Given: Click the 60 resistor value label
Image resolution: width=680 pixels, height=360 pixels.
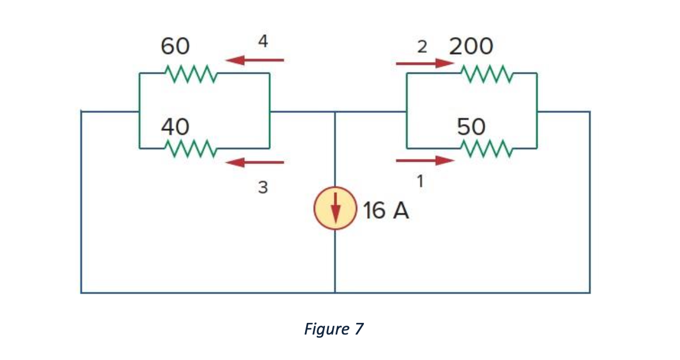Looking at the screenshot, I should (175, 47).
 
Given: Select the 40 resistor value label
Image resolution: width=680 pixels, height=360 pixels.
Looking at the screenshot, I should (175, 127).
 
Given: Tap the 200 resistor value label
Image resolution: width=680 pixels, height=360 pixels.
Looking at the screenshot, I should (471, 47).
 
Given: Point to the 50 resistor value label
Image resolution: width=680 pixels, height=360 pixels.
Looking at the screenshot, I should (471, 127).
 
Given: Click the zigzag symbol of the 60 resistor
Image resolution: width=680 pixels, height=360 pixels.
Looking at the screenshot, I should (190, 73).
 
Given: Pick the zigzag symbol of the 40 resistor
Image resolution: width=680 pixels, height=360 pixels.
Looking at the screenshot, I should (190, 148).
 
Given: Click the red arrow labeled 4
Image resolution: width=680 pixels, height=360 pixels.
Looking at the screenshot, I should (255, 60).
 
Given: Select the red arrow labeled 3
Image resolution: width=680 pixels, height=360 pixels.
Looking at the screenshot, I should (255, 162).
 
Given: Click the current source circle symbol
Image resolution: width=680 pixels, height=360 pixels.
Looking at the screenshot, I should (335, 209).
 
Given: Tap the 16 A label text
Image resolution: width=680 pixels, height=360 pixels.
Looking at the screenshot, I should (387, 211).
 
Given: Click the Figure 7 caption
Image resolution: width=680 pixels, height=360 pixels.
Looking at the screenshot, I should (334, 329).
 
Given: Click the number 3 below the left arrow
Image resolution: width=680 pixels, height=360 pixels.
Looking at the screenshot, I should (263, 188).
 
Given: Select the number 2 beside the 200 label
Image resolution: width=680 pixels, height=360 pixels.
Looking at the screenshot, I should (423, 47).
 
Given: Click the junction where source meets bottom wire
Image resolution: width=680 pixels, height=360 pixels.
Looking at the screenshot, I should (335, 292).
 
